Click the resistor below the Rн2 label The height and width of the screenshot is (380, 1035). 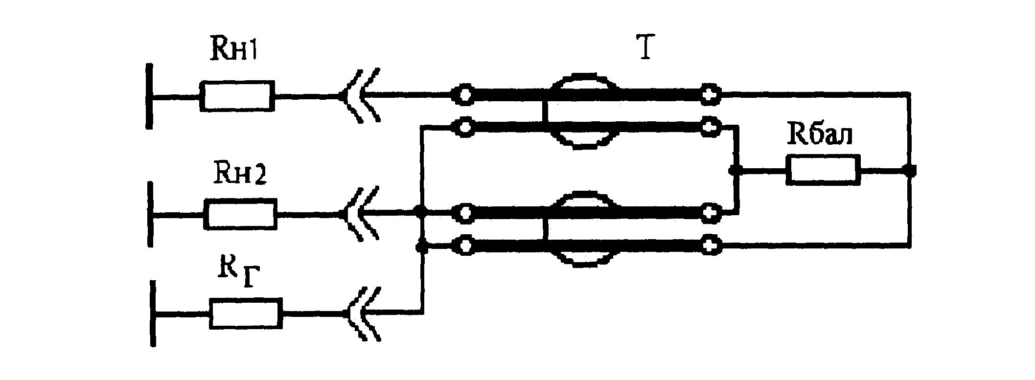(x=240, y=214)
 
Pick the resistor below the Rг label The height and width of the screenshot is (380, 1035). (x=246, y=313)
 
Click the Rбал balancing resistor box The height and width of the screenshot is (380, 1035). (x=823, y=170)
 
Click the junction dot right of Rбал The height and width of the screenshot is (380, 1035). (x=909, y=170)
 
